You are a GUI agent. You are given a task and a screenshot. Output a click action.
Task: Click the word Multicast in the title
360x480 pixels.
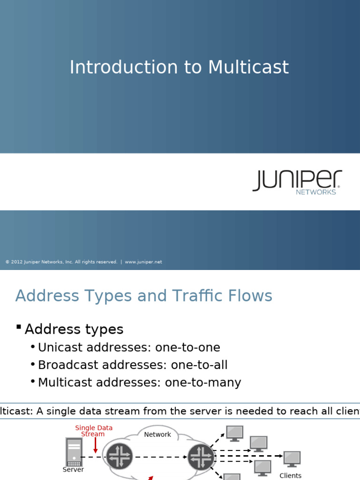[x=248, y=67]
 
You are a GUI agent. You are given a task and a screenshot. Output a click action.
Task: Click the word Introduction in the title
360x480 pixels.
[x=123, y=67]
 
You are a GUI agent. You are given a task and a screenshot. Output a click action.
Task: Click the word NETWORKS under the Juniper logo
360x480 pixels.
[x=315, y=192]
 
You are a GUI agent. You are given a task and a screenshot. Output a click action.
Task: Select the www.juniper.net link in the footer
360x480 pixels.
[x=143, y=262]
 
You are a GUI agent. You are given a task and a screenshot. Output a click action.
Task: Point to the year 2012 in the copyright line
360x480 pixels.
[x=16, y=262]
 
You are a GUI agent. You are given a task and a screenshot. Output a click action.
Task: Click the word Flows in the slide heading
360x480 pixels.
[x=253, y=296]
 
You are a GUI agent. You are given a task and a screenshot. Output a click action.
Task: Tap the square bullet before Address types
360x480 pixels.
[x=19, y=327]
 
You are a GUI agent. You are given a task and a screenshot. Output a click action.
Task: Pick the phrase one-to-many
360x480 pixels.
[x=203, y=382]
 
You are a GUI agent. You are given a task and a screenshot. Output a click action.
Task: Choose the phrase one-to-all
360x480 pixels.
[x=199, y=365]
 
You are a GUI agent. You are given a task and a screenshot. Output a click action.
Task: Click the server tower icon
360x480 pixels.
[x=74, y=452]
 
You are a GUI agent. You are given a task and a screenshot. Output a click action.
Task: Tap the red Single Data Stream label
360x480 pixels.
[x=94, y=431]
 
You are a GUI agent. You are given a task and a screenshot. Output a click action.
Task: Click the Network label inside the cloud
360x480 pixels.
[x=157, y=435]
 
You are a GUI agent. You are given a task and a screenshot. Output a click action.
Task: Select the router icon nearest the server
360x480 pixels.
[x=120, y=456]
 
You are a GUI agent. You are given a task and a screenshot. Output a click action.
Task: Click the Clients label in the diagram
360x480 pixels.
[x=290, y=475]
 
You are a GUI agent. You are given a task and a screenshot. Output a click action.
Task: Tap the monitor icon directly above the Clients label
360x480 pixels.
[x=292, y=458]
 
